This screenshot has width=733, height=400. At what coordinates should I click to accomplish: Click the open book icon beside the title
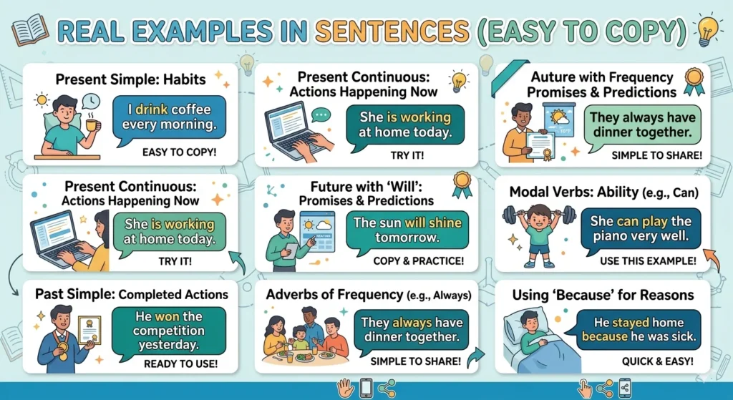coord(30,29)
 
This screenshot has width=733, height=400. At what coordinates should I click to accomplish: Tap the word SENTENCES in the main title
coord(392,31)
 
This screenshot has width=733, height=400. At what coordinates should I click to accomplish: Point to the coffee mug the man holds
coord(92,125)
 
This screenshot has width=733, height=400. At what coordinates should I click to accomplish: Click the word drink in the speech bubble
coord(151,109)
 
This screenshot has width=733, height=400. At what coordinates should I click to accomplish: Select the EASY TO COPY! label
coord(179,152)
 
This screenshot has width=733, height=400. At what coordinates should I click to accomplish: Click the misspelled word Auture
coord(553,77)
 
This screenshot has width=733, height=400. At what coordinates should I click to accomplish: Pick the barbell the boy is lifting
coord(538,215)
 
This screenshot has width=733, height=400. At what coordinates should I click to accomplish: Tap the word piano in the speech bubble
coord(611,236)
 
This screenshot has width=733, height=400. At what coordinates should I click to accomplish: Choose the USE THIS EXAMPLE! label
coord(648,260)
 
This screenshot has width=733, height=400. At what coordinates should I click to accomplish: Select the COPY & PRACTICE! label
coord(418,260)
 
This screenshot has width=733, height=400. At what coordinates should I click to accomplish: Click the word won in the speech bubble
coord(167,316)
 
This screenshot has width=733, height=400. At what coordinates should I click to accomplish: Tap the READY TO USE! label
coord(180,364)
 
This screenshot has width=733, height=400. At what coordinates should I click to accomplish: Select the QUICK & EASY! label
coord(657,361)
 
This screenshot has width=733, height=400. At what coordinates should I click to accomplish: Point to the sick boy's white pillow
coord(518,322)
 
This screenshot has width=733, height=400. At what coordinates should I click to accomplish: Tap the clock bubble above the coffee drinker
coord(91,102)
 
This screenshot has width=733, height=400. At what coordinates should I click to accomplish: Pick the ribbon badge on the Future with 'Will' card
coord(462,184)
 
